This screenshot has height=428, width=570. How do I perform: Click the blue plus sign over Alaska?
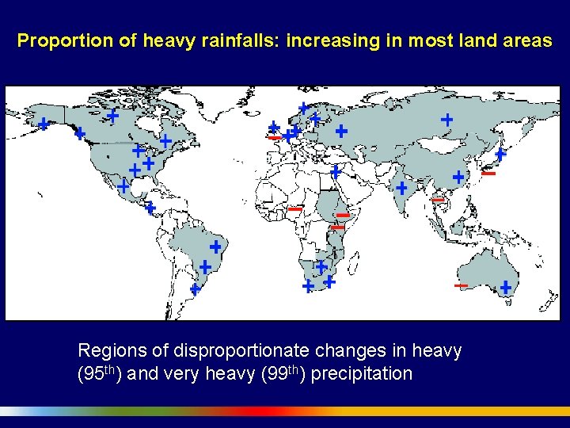pyautogui.click(x=43, y=124)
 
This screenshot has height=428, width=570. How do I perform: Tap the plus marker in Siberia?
pyautogui.click(x=446, y=120)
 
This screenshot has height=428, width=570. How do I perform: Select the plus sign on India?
pyautogui.click(x=401, y=189)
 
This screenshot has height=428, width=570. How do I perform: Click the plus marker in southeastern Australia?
pyautogui.click(x=505, y=287)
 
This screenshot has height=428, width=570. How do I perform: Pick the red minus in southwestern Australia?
pyautogui.click(x=461, y=285)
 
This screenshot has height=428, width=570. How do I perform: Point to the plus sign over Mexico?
pyautogui.click(x=123, y=186)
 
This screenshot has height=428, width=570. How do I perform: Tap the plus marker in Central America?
pyautogui.click(x=150, y=208)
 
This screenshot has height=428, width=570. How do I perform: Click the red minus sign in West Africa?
pyautogui.click(x=294, y=209)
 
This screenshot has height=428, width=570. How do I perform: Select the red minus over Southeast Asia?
pyautogui.click(x=437, y=201)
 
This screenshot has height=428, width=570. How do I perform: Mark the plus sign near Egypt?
pyautogui.click(x=336, y=171)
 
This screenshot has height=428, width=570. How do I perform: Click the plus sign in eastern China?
pyautogui.click(x=458, y=177)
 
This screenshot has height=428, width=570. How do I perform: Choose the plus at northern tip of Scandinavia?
pyautogui.click(x=302, y=108)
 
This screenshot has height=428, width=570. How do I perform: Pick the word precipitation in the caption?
pyautogui.click(x=362, y=373)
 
